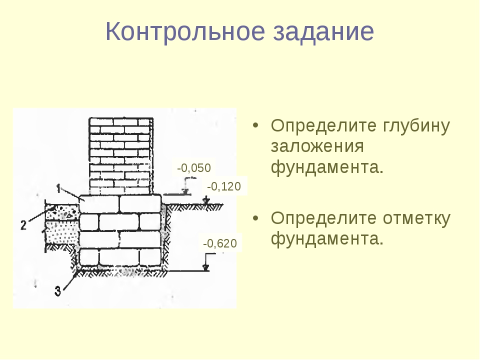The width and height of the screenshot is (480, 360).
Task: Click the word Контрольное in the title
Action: (185, 31)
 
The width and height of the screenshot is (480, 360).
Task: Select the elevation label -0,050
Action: (194, 168)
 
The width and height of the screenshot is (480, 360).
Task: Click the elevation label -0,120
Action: (224, 186)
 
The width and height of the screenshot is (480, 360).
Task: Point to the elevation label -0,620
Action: (220, 243)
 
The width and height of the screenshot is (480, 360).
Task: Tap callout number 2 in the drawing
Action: (23, 225)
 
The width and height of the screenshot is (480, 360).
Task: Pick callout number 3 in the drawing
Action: (58, 291)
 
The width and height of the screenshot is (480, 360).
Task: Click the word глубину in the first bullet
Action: (416, 126)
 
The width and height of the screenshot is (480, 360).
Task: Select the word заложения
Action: (317, 146)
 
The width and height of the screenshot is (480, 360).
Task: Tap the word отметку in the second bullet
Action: (416, 218)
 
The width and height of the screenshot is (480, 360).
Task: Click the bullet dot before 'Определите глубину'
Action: (255, 125)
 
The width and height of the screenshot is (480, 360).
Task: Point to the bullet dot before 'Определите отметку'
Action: (255, 218)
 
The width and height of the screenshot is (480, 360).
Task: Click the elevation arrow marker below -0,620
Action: (206, 267)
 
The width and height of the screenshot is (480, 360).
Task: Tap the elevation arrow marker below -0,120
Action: (207, 200)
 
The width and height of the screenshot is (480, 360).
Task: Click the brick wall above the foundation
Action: (121, 156)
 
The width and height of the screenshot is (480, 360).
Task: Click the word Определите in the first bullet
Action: (323, 126)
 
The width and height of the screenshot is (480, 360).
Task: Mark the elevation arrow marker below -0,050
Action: (185, 191)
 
